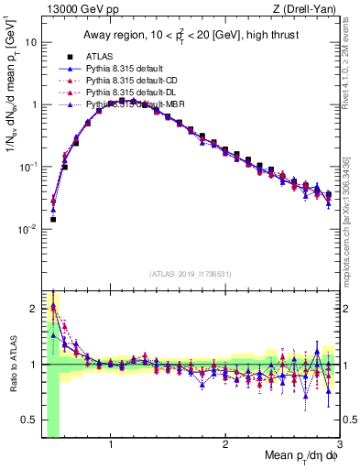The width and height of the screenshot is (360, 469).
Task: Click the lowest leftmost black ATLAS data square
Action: click(x=53, y=220)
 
